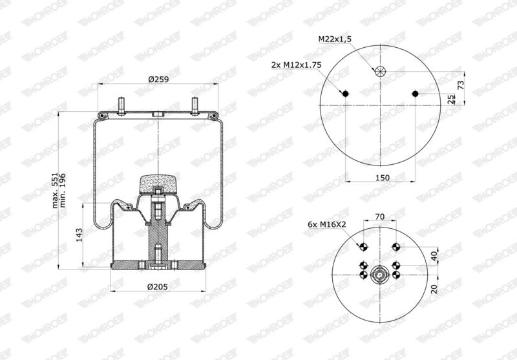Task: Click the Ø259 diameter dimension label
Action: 158,79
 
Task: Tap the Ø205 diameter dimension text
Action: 158,287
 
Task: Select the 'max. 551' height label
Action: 55,190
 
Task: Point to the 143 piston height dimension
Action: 79,235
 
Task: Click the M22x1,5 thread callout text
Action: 335,39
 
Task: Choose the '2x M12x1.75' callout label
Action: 296,65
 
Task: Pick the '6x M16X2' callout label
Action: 327,224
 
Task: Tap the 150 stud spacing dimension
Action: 383,178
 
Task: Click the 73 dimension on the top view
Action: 461,85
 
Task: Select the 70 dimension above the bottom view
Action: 380,217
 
